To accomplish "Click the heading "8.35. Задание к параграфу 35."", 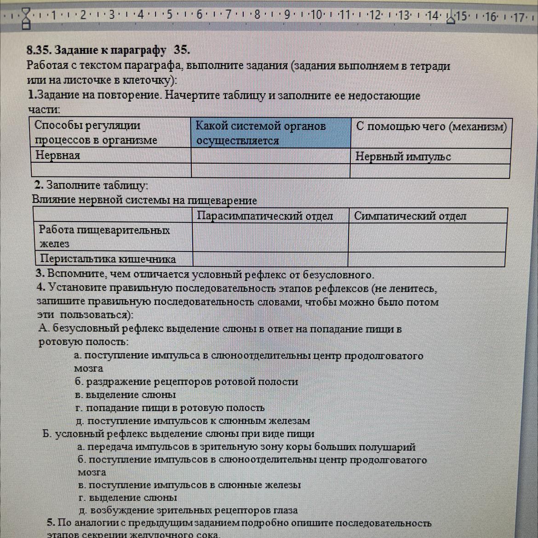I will pyautogui.click(x=108, y=50).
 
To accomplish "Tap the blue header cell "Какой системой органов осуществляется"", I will pyautogui.click(x=270, y=133).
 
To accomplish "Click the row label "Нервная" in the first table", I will pyautogui.click(x=58, y=155).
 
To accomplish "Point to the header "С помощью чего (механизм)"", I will pyautogui.click(x=431, y=126).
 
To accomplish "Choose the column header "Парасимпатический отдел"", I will pyautogui.click(x=265, y=216).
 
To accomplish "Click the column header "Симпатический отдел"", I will pyautogui.click(x=410, y=216).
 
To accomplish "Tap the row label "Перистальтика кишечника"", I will pyautogui.click(x=108, y=259).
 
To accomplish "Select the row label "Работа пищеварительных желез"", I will pyautogui.click(x=104, y=236).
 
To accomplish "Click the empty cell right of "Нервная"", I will pyautogui.click(x=270, y=156).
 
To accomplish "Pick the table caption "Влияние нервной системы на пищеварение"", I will pyautogui.click(x=144, y=200).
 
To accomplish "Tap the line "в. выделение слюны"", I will pyautogui.click(x=126, y=395).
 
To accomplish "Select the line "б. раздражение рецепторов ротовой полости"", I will pyautogui.click(x=186, y=382).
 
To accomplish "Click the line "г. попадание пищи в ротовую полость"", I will pyautogui.click(x=170, y=408).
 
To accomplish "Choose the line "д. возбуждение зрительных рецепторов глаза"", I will pyautogui.click(x=188, y=510).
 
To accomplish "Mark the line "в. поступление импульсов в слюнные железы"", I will pyautogui.click(x=189, y=485).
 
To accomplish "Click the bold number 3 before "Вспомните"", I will pyautogui.click(x=40, y=274).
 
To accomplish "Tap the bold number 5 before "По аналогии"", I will pyautogui.click(x=51, y=522).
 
